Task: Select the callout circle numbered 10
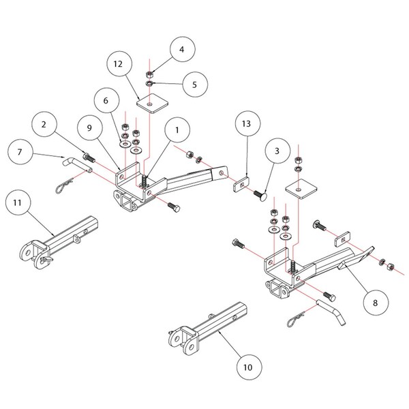tap(247, 367)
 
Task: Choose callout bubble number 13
tap(247, 124)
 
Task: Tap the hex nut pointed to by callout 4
tap(149, 74)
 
